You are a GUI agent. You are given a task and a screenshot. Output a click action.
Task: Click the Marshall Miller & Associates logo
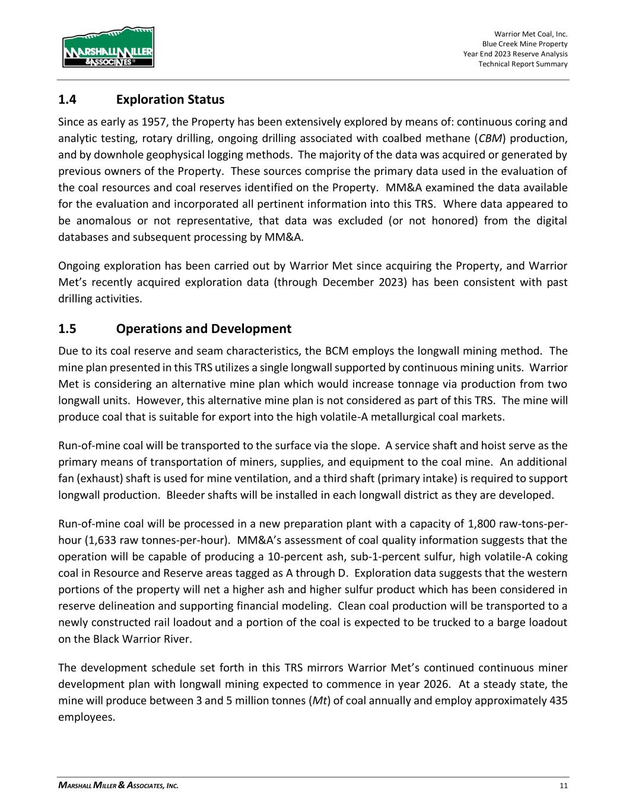(108, 47)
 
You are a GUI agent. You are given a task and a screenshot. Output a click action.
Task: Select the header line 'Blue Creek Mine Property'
(525, 44)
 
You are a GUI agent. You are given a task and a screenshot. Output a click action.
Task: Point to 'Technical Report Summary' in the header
(523, 64)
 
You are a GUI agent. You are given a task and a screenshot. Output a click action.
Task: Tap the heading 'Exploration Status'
(170, 100)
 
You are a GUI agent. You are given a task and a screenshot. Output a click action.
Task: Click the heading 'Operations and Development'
(204, 329)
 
